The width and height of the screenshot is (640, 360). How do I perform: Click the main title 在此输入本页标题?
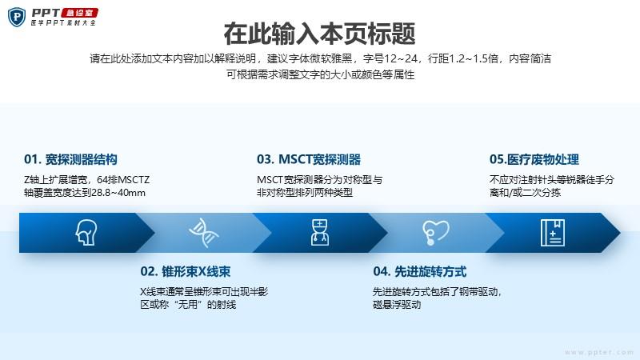tap(319, 34)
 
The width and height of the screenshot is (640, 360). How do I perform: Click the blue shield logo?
tap(17, 17)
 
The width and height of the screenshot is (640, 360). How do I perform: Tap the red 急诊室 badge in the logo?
tap(79, 13)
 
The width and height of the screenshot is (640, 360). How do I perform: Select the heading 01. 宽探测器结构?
tap(70, 159)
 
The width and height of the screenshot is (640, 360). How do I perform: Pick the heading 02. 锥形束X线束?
tap(186, 271)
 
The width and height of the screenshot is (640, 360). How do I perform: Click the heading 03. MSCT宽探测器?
tap(309, 159)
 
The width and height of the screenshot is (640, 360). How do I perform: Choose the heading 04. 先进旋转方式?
tap(419, 271)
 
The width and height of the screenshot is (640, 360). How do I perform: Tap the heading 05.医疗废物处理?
tap(534, 159)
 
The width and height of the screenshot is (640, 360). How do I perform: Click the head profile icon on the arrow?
tap(86, 232)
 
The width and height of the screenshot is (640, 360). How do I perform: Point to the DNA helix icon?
tap(204, 233)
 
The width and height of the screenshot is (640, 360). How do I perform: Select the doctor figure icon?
tap(319, 232)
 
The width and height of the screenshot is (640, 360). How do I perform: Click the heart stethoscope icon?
tap(435, 232)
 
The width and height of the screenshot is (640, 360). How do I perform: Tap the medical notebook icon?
tap(553, 233)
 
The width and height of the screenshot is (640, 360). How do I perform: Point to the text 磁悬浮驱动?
tap(397, 305)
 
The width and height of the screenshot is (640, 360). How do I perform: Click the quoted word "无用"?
tap(188, 305)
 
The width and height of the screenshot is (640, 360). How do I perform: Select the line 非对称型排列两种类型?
tap(305, 193)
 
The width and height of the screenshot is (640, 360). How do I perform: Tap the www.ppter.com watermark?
tap(599, 352)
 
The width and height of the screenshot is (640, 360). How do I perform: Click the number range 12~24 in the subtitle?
tap(401, 58)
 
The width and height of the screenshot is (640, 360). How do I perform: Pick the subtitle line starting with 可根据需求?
tap(321, 74)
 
